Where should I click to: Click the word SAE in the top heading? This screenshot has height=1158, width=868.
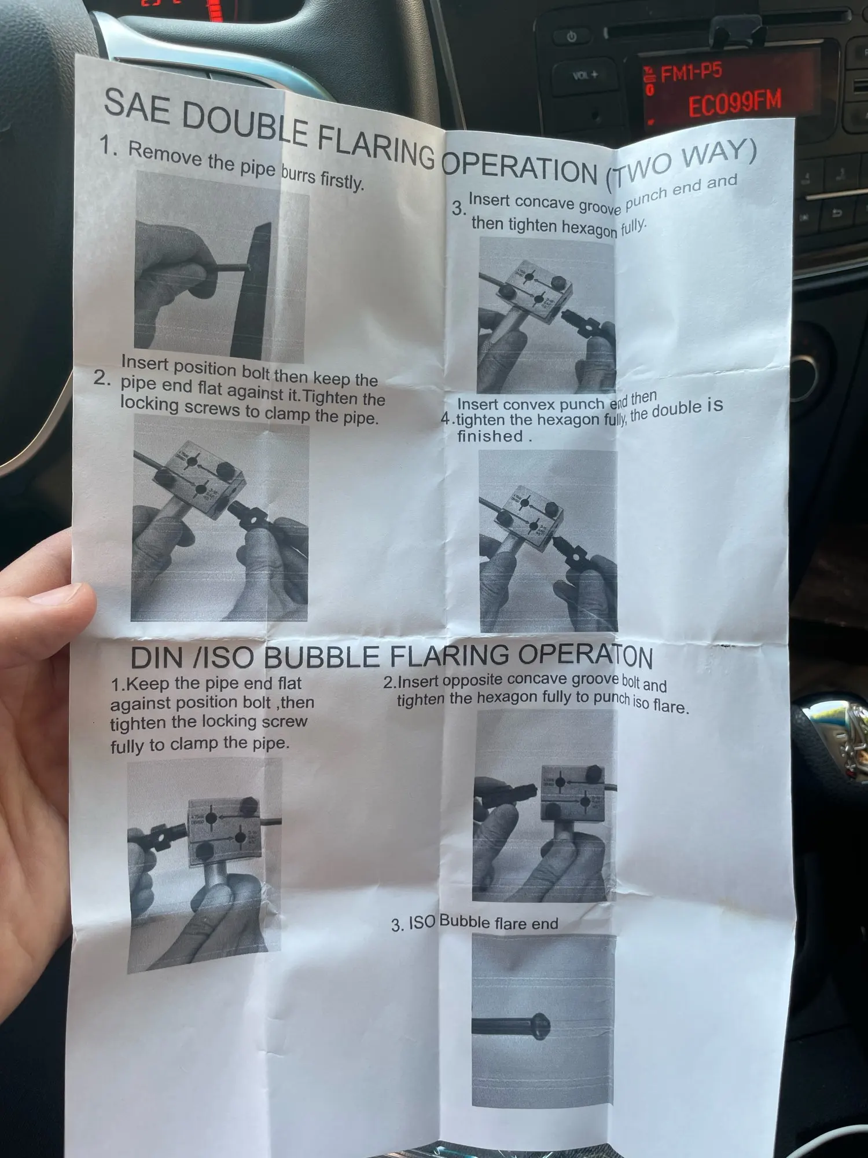(x=137, y=108)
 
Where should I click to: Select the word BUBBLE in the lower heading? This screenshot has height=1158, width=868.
(x=322, y=657)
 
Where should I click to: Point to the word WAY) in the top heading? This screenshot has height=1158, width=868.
(x=719, y=156)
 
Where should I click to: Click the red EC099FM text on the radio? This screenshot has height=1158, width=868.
(x=735, y=103)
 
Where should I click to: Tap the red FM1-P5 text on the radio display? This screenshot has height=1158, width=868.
(x=691, y=72)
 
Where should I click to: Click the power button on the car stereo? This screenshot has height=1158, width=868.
(x=572, y=36)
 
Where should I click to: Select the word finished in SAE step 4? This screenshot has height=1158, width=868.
(x=490, y=436)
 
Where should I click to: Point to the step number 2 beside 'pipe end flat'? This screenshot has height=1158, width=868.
(x=101, y=378)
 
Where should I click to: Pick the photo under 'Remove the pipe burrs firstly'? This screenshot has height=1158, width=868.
(x=220, y=267)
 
